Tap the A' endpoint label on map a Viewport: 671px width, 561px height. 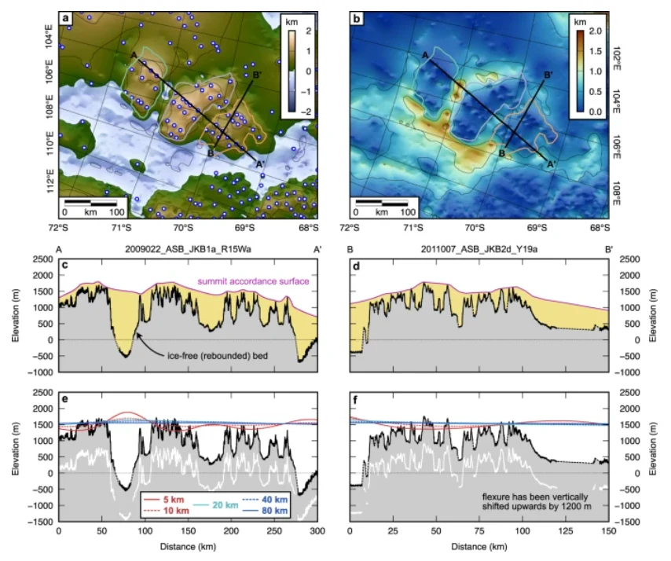point(260,163)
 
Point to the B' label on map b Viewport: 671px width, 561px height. point(548,74)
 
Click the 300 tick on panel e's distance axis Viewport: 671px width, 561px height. point(316,531)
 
